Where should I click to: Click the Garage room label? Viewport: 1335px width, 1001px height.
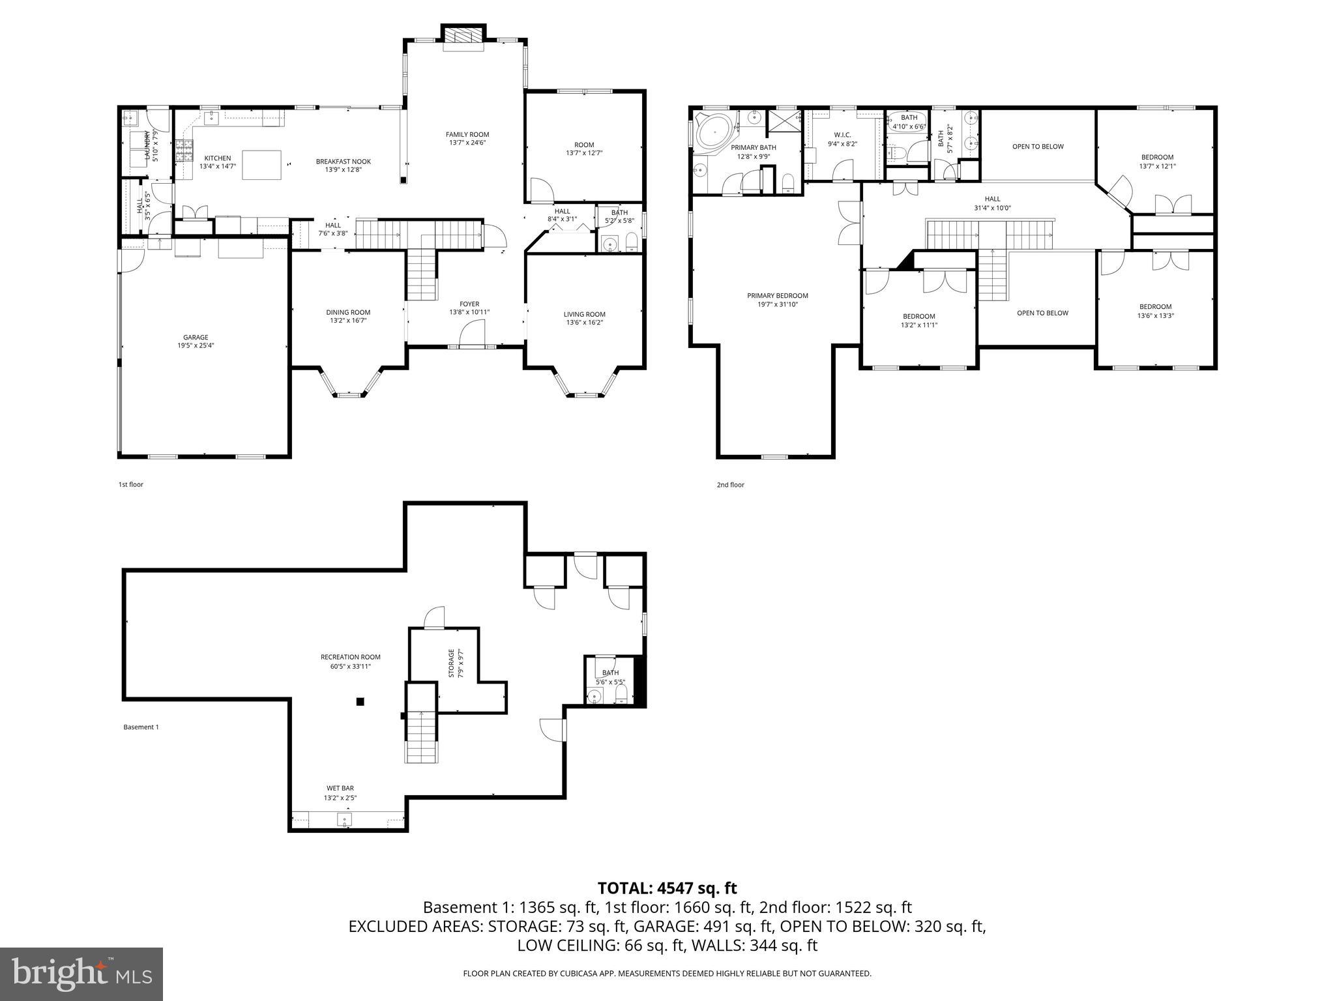pyautogui.click(x=196, y=338)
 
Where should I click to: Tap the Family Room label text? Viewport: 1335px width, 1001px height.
pyautogui.click(x=467, y=135)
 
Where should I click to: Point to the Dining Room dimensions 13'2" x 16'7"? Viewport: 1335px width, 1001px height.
pyautogui.click(x=348, y=321)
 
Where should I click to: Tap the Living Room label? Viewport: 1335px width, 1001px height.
pyautogui.click(x=585, y=314)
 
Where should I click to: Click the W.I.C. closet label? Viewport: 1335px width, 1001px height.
pyautogui.click(x=843, y=135)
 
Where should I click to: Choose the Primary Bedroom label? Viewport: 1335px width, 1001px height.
pyautogui.click(x=778, y=296)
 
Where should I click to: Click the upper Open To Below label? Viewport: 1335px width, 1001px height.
pyautogui.click(x=1038, y=147)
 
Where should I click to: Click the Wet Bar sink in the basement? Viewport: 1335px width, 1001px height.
pyautogui.click(x=345, y=819)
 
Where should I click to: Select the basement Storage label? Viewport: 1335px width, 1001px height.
pyautogui.click(x=451, y=663)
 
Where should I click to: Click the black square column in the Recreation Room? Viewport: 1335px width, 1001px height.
pyautogui.click(x=360, y=702)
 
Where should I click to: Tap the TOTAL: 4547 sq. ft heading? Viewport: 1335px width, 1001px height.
pyautogui.click(x=667, y=888)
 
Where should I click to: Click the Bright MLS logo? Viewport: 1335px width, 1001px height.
pyautogui.click(x=81, y=974)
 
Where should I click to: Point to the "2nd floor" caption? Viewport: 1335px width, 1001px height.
pyautogui.click(x=730, y=485)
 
